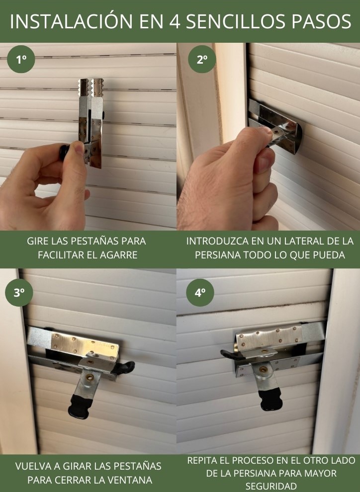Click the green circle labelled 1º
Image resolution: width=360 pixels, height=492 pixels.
[21, 59]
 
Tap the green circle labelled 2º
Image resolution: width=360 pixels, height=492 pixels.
[202, 59]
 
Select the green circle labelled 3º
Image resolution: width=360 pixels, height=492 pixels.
[19, 292]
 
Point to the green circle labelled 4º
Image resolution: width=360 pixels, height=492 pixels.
[200, 292]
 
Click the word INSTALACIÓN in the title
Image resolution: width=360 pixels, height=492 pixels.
[71, 22]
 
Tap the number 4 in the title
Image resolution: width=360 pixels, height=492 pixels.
[175, 22]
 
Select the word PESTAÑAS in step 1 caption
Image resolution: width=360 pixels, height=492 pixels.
[94, 241]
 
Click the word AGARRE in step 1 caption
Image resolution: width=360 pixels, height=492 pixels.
[119, 255]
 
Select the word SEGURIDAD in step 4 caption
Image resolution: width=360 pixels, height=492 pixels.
[271, 486]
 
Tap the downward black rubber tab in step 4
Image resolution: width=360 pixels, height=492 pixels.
[271, 399]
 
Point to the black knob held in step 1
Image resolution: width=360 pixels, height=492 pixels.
[64, 152]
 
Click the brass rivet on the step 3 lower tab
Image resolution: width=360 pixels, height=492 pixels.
[90, 377]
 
